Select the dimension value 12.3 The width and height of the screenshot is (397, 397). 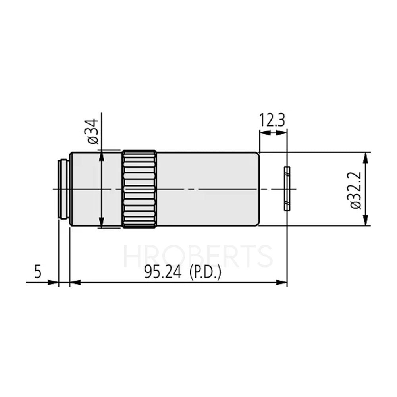coord(272,119)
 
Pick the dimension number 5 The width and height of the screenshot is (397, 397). coord(38,272)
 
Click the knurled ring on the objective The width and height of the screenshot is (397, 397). coord(139,189)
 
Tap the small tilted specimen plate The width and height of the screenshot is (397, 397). coord(287,189)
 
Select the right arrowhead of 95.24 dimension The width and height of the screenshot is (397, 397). coord(282,282)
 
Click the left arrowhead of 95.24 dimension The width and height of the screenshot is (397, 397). coord(75,282)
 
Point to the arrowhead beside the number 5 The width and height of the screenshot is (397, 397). coord(54,282)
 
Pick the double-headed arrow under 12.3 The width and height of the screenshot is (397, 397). coord(273,132)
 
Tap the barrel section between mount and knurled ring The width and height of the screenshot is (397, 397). coord(95,189)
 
